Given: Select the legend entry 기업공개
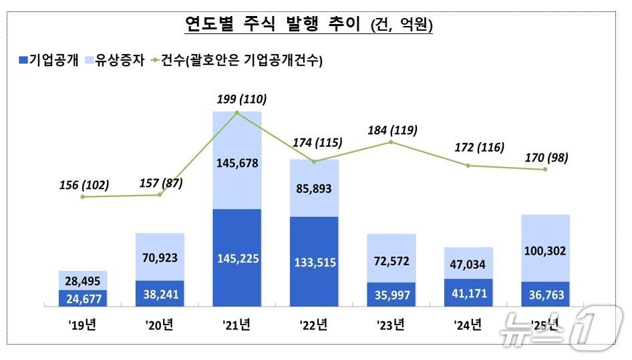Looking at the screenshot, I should pyautogui.click(x=47, y=61).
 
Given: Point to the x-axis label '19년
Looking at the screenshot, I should pyautogui.click(x=83, y=327).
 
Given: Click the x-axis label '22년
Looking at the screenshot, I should pyautogui.click(x=314, y=327).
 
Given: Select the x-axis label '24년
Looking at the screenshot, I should pyautogui.click(x=468, y=327).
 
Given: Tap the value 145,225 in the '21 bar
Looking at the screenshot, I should pyautogui.click(x=237, y=257).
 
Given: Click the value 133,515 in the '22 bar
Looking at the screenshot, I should pyautogui.click(x=314, y=261).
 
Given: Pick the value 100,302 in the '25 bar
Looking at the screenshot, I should pyautogui.click(x=545, y=251).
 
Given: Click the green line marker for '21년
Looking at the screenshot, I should pyautogui.click(x=237, y=114).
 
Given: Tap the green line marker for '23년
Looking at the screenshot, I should pyautogui.click(x=391, y=142).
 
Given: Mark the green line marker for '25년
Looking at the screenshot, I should pyautogui.click(x=546, y=170).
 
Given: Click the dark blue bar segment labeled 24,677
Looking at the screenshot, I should pyautogui.click(x=83, y=298).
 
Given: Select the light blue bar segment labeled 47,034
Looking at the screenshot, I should pyautogui.click(x=468, y=263).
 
